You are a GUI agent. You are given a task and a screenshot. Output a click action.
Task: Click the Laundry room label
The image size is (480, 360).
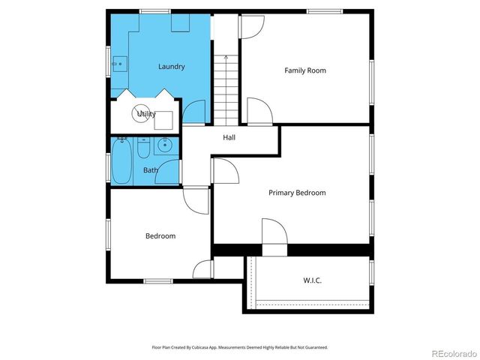click(x=171, y=67)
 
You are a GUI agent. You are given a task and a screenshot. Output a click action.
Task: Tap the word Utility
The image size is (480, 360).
click(x=146, y=114)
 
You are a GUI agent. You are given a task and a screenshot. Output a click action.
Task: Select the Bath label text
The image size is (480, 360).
click(x=151, y=170)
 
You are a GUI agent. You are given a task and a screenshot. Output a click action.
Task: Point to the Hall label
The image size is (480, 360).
click(x=229, y=137)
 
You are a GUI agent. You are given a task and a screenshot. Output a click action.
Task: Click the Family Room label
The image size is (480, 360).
click(x=305, y=70)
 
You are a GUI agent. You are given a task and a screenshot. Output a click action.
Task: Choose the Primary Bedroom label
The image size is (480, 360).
click(x=297, y=193)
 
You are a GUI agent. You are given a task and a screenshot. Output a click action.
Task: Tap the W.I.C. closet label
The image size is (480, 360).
click(x=313, y=280)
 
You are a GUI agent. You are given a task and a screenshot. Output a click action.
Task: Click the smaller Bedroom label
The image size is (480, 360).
click(x=160, y=236)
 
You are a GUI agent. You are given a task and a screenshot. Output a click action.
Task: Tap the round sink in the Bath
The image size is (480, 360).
click(x=166, y=145)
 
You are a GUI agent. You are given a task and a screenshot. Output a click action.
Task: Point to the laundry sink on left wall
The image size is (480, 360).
click(x=118, y=64)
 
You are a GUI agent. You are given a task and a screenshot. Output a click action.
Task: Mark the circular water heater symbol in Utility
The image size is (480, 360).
click(x=139, y=114)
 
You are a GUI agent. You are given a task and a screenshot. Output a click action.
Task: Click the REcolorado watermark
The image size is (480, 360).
click(x=451, y=352)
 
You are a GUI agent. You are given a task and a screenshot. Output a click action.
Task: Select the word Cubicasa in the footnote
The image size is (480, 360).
click(x=198, y=348)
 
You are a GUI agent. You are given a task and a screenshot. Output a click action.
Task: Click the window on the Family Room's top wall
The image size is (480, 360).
click(x=324, y=10)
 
